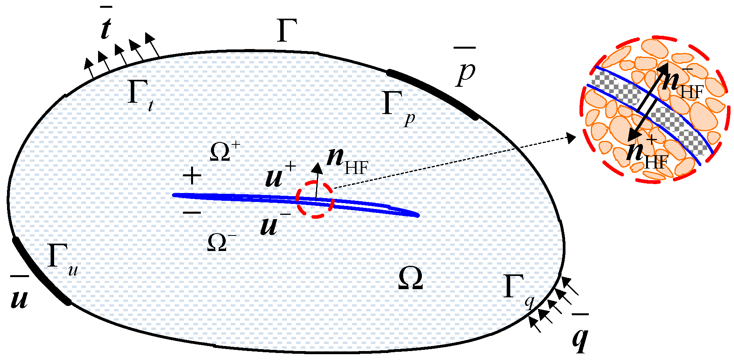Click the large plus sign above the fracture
pyautogui.click(x=192, y=176)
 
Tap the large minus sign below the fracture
pyautogui.click(x=191, y=212)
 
